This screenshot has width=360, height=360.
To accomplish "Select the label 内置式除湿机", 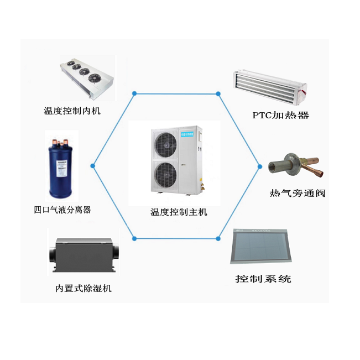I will coord(84,288).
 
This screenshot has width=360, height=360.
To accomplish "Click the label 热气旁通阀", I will coord(297,193).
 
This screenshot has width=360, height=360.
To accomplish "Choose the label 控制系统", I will coord(263,279).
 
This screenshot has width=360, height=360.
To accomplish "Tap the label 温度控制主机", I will coord(179,212).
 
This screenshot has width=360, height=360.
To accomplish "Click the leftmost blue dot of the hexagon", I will coord(93,165).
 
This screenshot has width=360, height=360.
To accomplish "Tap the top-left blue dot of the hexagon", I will coord(134,93).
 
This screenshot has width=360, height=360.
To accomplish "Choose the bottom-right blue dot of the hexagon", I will coord(218,238).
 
